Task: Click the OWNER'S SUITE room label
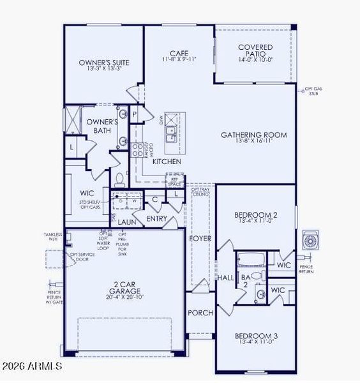point(104,63)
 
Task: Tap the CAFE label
point(178,54)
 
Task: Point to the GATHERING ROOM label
point(253,135)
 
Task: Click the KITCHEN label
point(167,162)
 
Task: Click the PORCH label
point(199,313)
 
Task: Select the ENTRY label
point(157,219)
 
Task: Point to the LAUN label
point(127,222)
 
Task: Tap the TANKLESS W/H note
point(53,237)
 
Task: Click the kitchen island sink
point(171,133)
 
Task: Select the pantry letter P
point(135,114)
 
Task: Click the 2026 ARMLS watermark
point(31,366)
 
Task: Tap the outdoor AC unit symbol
point(311,240)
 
